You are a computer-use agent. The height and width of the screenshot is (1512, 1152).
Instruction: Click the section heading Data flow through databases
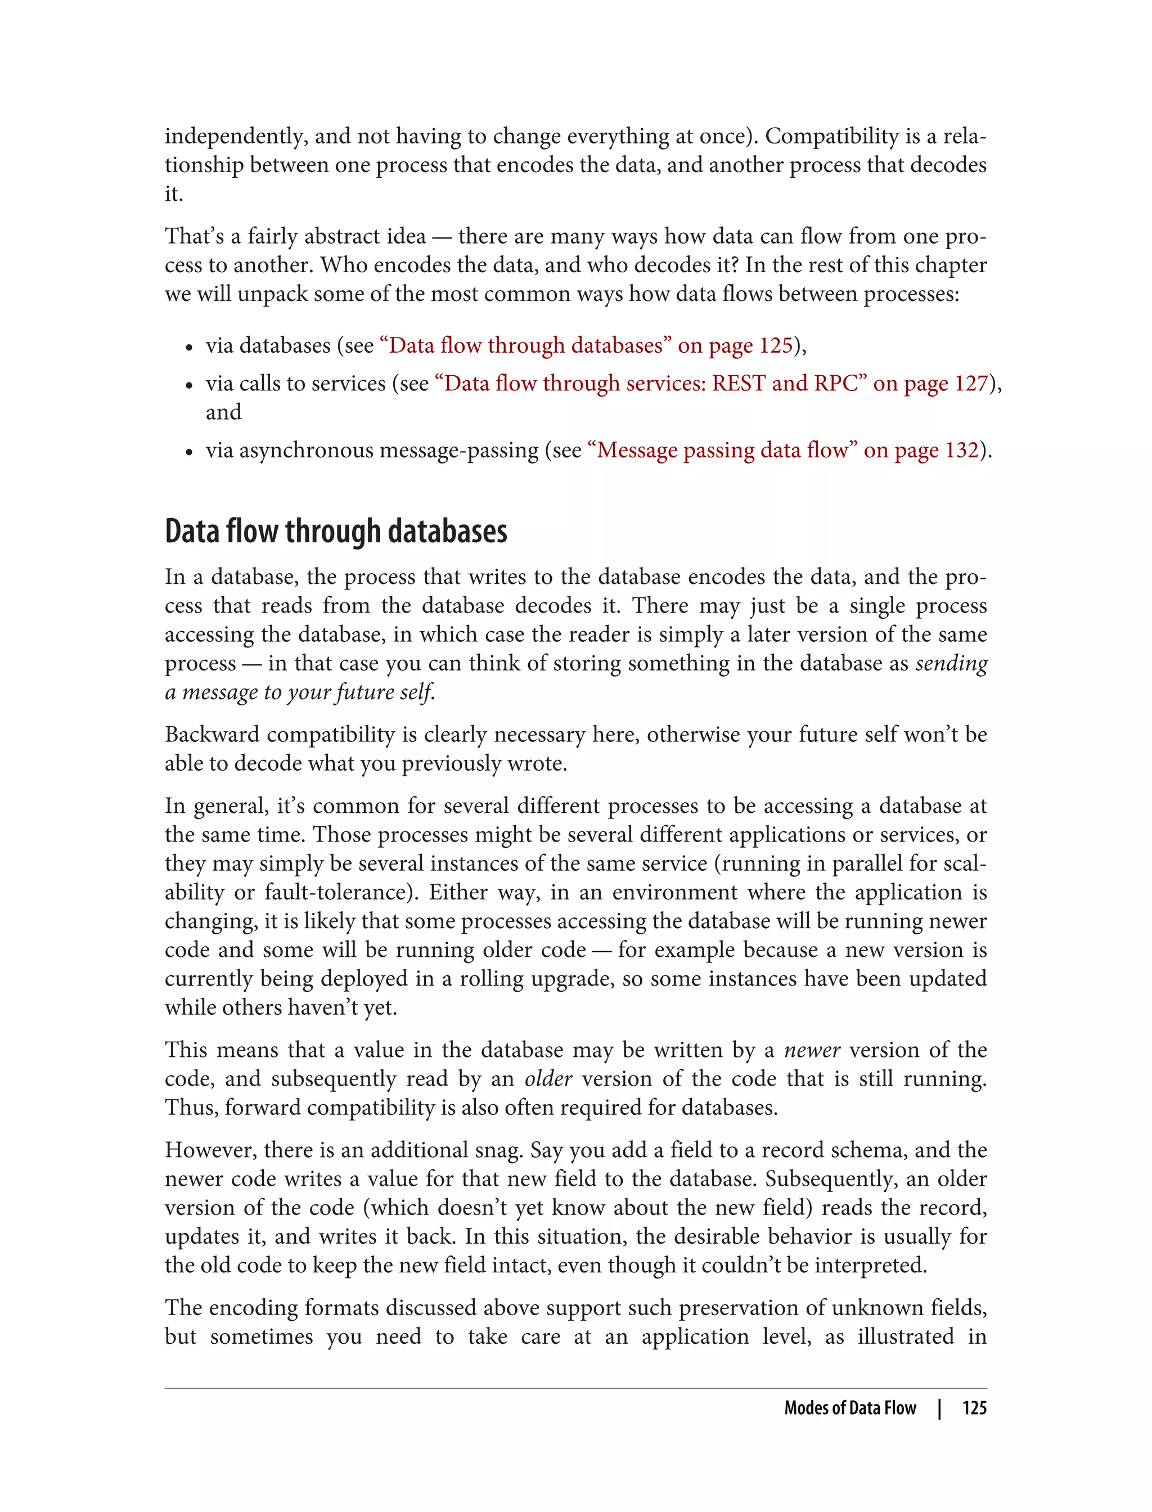point(335,532)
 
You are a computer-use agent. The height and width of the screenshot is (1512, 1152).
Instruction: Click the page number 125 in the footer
point(974,1408)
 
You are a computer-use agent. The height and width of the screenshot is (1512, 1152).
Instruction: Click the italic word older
point(548,1079)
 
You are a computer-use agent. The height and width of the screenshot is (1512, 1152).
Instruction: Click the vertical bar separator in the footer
point(939,1408)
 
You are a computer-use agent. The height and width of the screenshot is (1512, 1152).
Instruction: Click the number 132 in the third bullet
point(961,450)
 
